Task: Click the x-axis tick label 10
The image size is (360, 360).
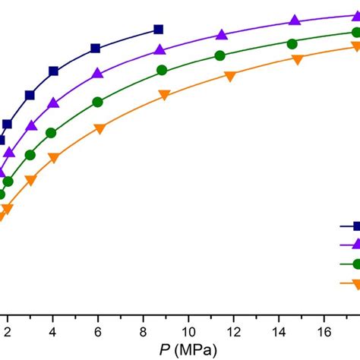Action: [188, 332]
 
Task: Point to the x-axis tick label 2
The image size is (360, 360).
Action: [8, 332]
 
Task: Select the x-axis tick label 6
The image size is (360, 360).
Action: [98, 332]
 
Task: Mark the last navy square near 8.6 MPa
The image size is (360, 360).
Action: [158, 30]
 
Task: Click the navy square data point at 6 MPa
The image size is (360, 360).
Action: [96, 49]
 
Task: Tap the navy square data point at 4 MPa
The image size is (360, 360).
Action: [53, 71]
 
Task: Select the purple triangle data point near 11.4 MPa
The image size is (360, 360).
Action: [221, 35]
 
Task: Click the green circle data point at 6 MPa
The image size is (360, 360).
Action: [97, 102]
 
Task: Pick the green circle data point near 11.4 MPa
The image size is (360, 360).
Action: [219, 55]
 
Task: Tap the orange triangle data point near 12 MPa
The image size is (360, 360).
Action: [230, 75]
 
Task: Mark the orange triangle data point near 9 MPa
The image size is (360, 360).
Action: [163, 95]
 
